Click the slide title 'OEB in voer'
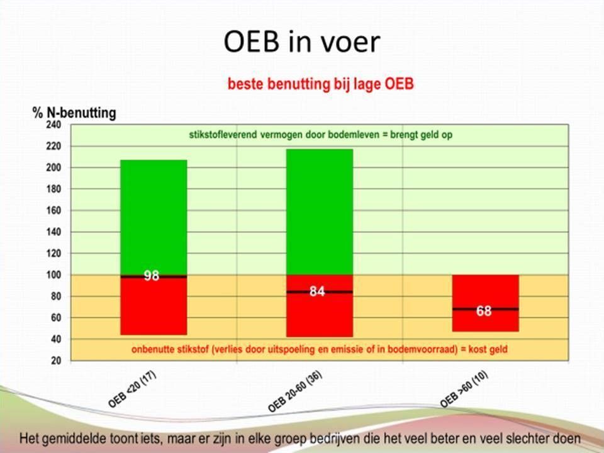point(301,42)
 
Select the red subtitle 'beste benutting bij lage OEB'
point(320,84)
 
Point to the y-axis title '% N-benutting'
point(74,113)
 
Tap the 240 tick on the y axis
point(54,125)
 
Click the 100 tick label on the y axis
point(54,275)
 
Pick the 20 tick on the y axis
point(56,361)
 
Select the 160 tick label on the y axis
point(54,210)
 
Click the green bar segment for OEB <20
point(154,217)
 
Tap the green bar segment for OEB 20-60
point(320,212)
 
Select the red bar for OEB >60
point(486,303)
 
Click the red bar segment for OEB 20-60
point(320,306)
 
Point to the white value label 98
point(152,276)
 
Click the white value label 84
point(317,291)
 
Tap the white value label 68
point(484,310)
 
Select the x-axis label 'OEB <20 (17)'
point(132,389)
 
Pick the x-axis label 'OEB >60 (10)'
point(464,389)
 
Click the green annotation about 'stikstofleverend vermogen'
point(320,135)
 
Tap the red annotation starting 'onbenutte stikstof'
point(320,349)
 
